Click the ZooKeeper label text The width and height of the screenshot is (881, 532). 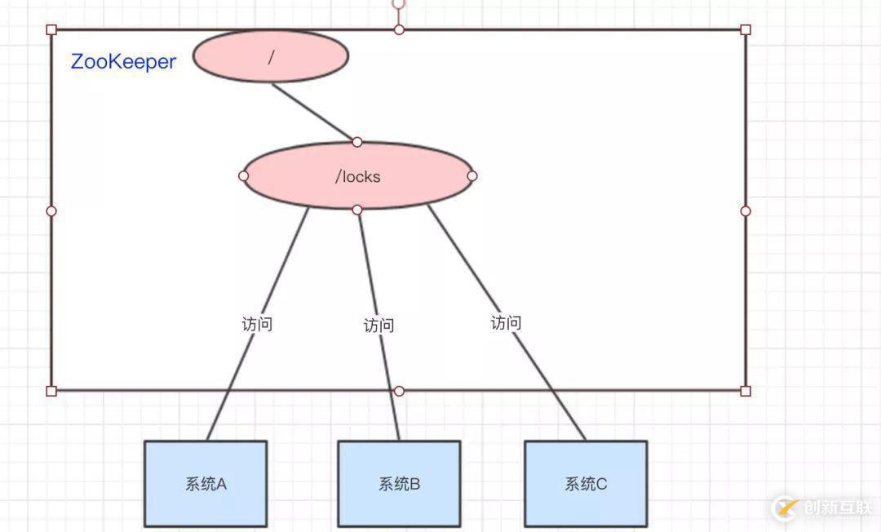pyautogui.click(x=123, y=61)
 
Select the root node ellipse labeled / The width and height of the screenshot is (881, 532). pyautogui.click(x=271, y=55)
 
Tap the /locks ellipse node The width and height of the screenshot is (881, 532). pyautogui.click(x=357, y=176)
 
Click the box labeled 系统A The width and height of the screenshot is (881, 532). pyautogui.click(x=206, y=484)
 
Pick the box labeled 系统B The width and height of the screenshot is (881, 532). pyautogui.click(x=399, y=484)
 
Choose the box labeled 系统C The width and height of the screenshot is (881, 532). pyautogui.click(x=586, y=484)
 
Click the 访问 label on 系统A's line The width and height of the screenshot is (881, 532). pyautogui.click(x=256, y=324)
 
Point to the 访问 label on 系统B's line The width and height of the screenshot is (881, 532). pyautogui.click(x=379, y=326)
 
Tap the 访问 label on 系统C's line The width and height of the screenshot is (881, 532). pyautogui.click(x=506, y=322)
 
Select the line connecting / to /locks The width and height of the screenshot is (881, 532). pyautogui.click(x=314, y=112)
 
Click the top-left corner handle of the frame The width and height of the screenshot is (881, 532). pyautogui.click(x=51, y=29)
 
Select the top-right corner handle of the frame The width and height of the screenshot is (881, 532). pyautogui.click(x=745, y=29)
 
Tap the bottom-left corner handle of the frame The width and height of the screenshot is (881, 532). pyautogui.click(x=51, y=391)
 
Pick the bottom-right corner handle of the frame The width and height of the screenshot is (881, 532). pyautogui.click(x=745, y=391)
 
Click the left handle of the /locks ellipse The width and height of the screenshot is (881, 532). pyautogui.click(x=243, y=175)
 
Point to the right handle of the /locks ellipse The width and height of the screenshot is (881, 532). pyautogui.click(x=472, y=175)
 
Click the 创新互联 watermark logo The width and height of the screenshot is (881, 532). pyautogui.click(x=824, y=508)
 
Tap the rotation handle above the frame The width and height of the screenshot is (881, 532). pyautogui.click(x=398, y=3)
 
